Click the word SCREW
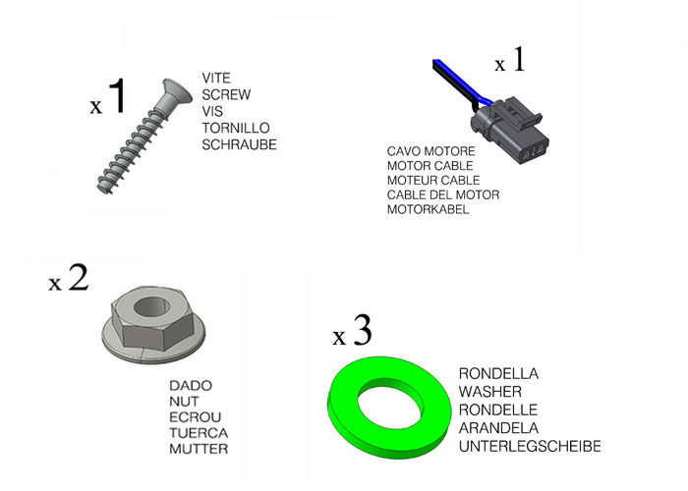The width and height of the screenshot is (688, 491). point(226,95)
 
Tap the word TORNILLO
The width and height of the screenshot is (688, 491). point(236,129)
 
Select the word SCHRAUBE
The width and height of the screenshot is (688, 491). point(239,145)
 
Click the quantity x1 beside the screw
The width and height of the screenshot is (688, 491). point(108,99)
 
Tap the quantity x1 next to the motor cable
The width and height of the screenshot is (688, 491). point(510,62)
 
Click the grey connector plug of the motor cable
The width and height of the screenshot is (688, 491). point(511,128)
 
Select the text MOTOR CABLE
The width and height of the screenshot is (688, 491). point(430,167)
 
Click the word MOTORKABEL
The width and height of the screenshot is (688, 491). point(428,210)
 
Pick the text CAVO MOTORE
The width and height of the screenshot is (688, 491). point(430,152)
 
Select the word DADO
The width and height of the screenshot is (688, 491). point(191,386)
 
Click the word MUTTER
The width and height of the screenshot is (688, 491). point(199,449)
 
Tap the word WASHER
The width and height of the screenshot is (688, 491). point(489,392)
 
